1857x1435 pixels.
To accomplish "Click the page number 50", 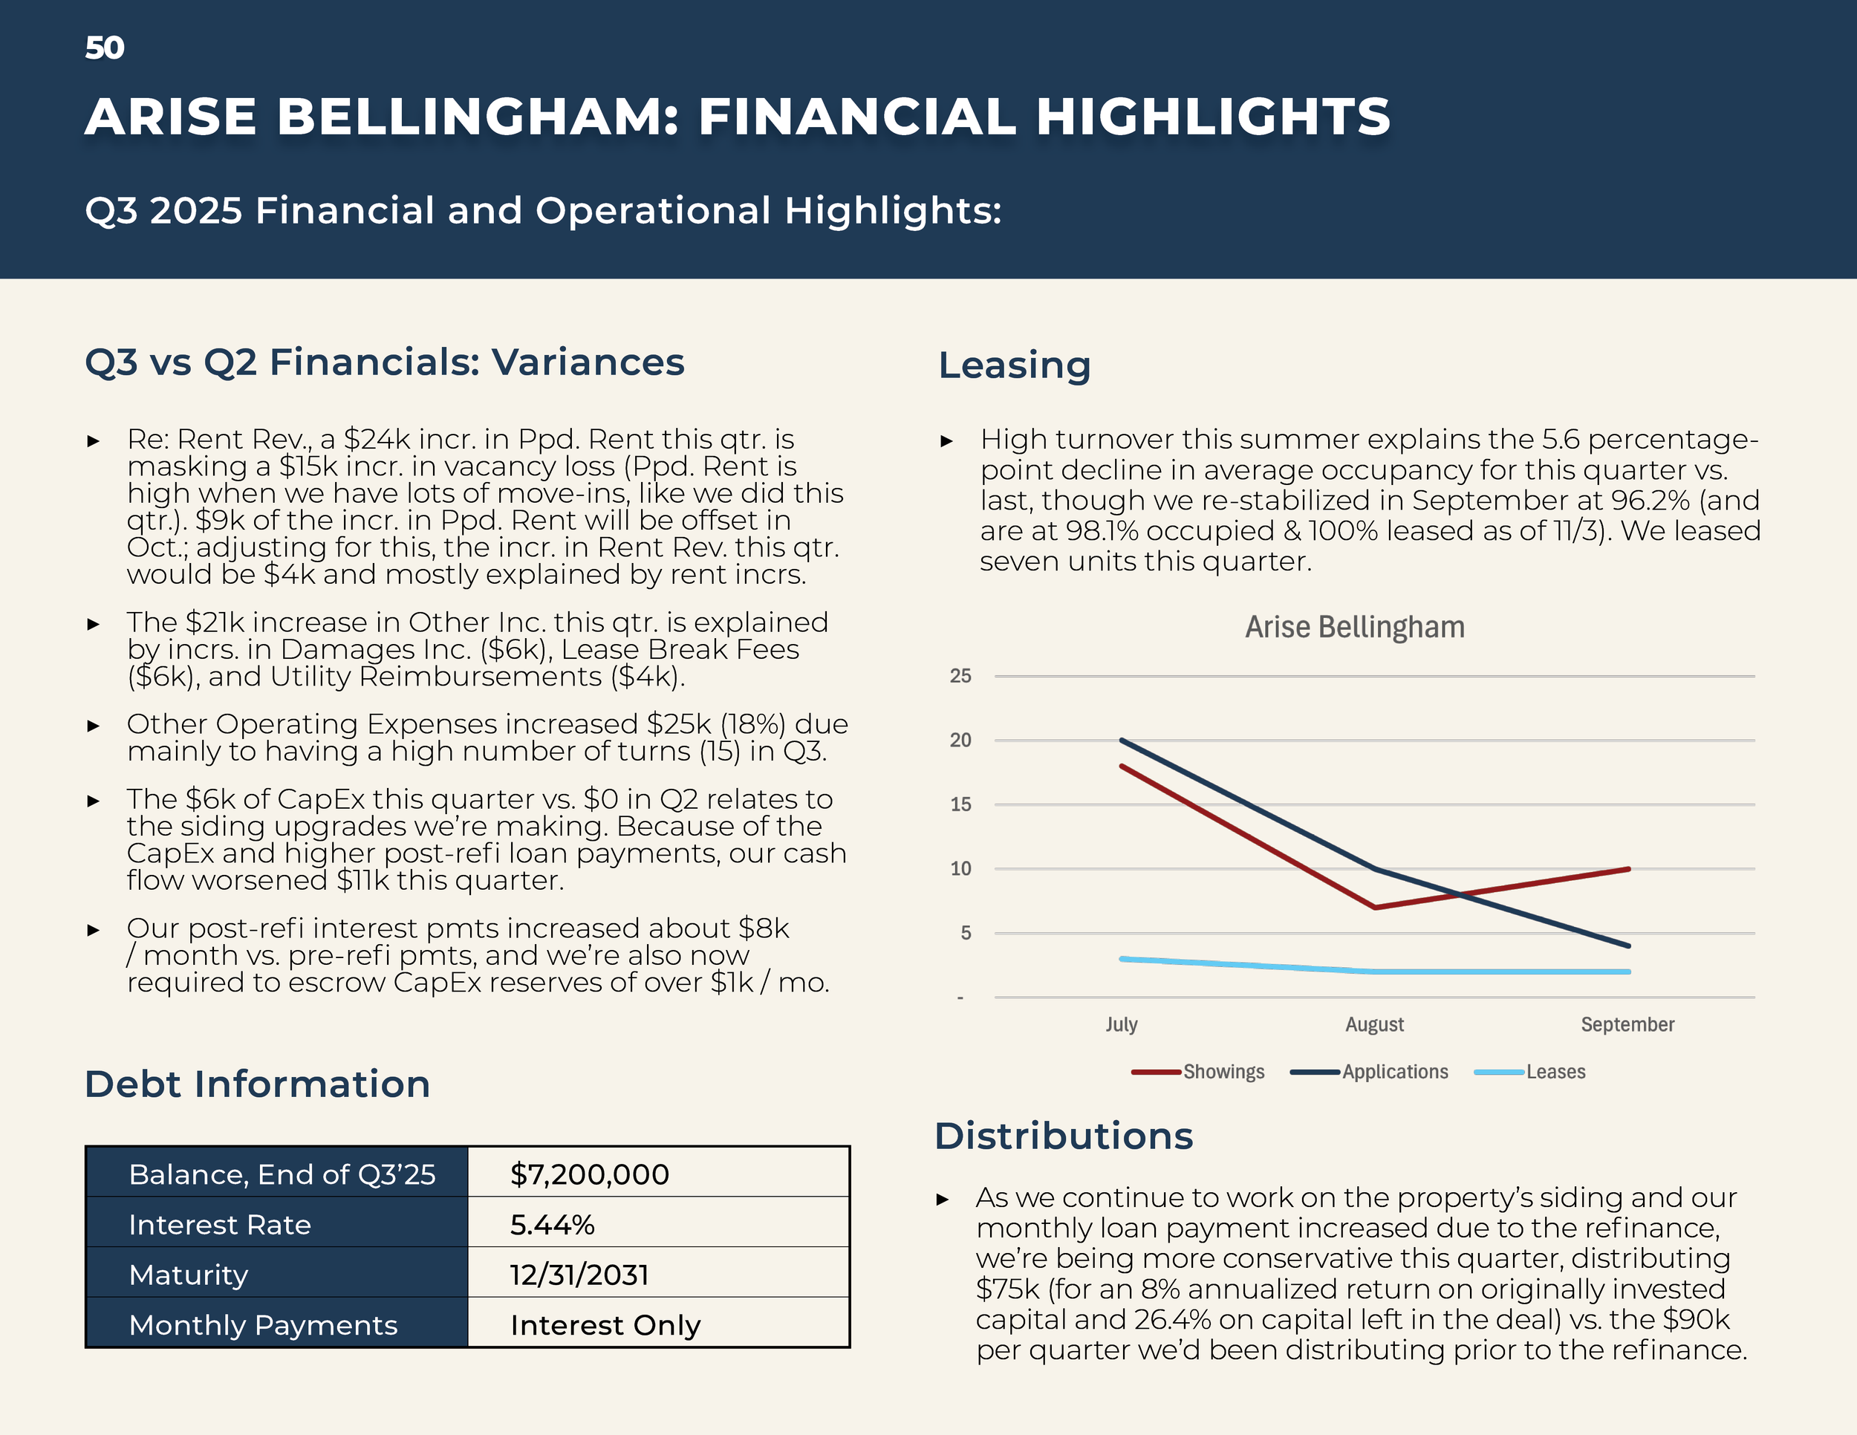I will [x=105, y=48].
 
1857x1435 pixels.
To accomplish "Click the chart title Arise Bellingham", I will [x=1354, y=628].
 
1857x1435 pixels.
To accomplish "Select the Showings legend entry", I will [x=1223, y=1072].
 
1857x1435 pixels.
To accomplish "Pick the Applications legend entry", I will [x=1394, y=1072].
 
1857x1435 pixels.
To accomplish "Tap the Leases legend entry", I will [x=1555, y=1072].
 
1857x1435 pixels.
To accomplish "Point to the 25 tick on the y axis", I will [x=960, y=676].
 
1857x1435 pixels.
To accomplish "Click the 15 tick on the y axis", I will [x=960, y=804].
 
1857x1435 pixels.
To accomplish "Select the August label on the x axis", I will [x=1374, y=1024].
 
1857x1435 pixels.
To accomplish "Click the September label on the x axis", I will [x=1627, y=1024].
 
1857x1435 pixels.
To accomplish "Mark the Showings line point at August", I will [x=1375, y=907].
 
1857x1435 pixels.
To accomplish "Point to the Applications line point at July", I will [x=1122, y=741].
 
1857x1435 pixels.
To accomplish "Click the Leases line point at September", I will [x=1627, y=972].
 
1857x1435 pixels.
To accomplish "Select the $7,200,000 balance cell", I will [x=589, y=1174].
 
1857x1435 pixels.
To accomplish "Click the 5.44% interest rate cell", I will [x=552, y=1224].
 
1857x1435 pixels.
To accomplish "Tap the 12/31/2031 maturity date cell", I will [x=579, y=1275].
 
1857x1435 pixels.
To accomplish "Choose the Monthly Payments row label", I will [x=263, y=1324].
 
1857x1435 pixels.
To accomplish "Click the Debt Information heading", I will [x=258, y=1084].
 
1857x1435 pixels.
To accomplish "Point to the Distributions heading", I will [x=1064, y=1136].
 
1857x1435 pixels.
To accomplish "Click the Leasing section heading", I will [x=1015, y=365].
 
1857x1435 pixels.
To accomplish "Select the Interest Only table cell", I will [x=605, y=1324].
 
